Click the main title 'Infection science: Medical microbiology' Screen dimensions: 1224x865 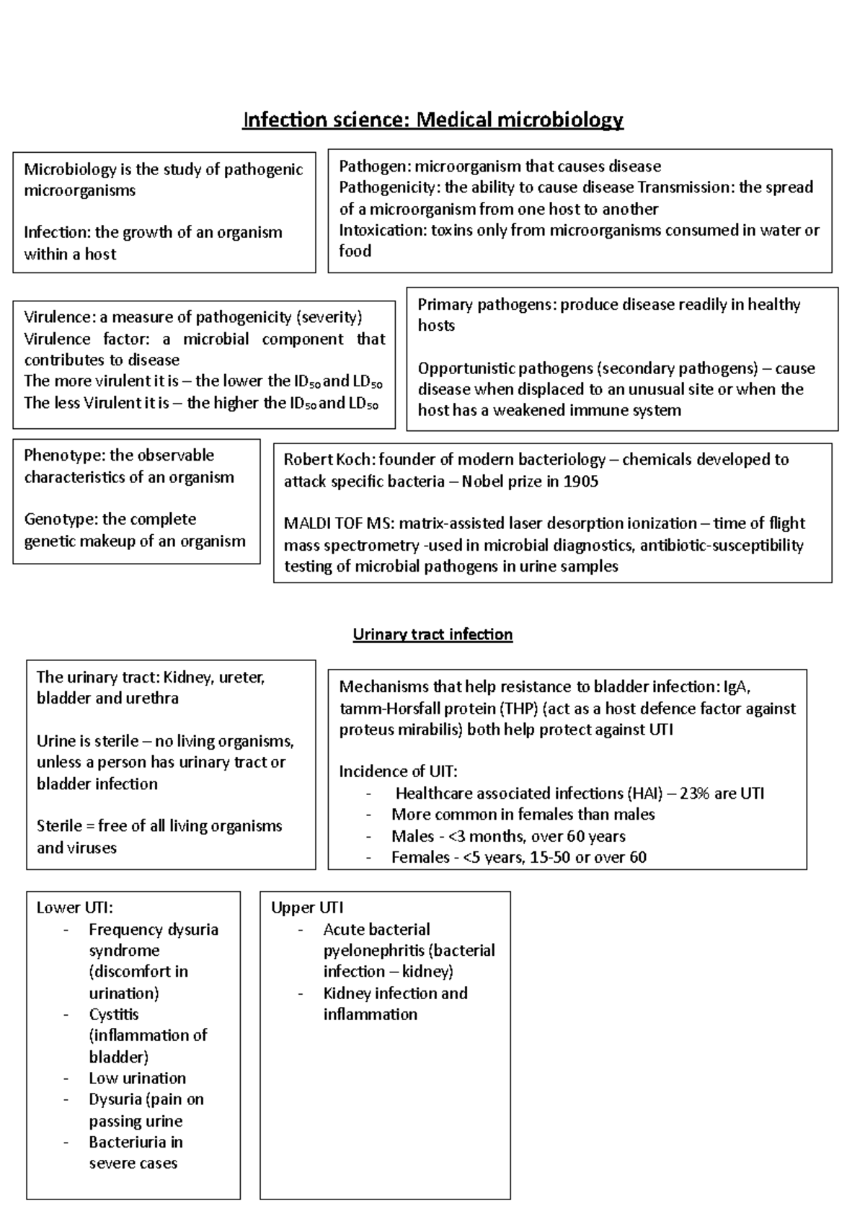432,120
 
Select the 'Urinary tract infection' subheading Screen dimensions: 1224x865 432,634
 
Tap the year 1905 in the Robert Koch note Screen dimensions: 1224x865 581,482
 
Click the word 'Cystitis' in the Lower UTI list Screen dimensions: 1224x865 114,1014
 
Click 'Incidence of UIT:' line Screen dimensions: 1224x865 398,772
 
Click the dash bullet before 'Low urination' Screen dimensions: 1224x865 66,1078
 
